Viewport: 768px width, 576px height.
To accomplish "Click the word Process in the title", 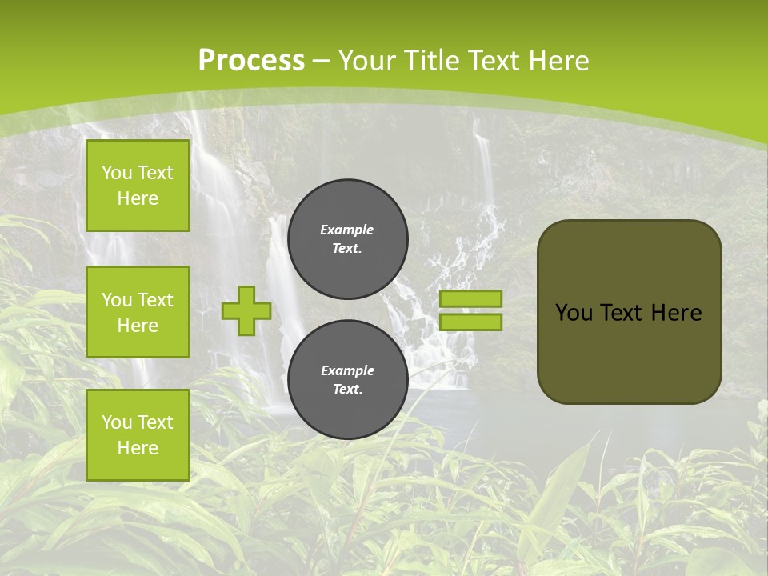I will [251, 61].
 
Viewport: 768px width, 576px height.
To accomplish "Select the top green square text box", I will [138, 186].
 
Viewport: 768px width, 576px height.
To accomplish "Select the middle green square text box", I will [138, 312].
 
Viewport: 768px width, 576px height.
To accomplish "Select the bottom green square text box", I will [138, 434].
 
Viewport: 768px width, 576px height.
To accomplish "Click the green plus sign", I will [246, 310].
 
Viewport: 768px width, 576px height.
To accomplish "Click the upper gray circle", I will [348, 238].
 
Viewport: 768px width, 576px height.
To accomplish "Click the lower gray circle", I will [348, 380].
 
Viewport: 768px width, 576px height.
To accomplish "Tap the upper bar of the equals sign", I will [471, 298].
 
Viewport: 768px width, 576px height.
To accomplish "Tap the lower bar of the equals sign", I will [471, 322].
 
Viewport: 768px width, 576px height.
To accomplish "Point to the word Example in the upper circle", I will [347, 230].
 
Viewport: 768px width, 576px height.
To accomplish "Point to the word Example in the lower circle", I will [347, 370].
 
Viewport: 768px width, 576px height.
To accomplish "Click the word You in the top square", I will [117, 173].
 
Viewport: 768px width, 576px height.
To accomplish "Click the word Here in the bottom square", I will [138, 448].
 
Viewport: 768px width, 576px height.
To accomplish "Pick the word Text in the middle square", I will [154, 300].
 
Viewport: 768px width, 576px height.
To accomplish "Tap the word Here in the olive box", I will [676, 313].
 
